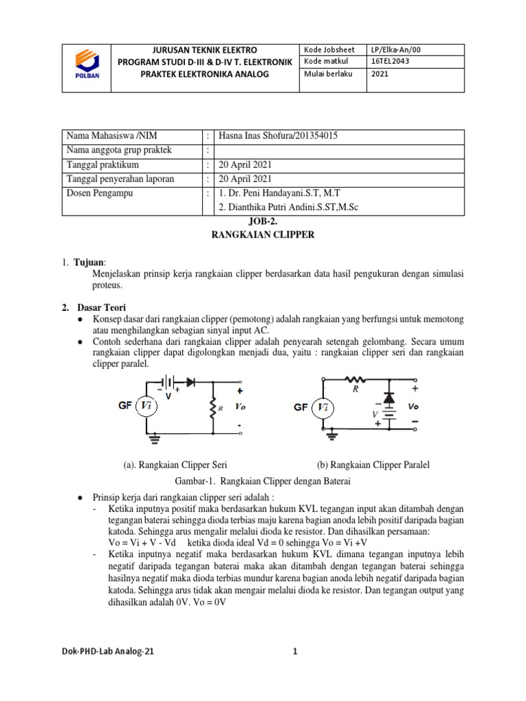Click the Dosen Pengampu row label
[99, 193]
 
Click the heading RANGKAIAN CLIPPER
[263, 235]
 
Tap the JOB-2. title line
[262, 221]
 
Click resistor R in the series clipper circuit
[213, 408]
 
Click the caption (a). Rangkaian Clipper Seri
[175, 465]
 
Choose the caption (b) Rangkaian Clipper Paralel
[373, 465]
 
